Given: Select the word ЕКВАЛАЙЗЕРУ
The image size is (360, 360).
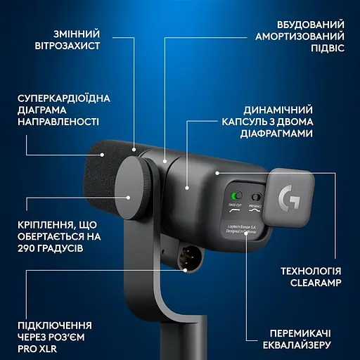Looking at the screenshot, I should (303, 345).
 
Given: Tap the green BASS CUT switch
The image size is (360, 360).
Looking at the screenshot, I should (238, 195).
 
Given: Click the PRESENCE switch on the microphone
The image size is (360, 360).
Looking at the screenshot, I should (257, 198).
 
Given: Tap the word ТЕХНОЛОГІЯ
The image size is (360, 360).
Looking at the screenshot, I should (310, 271).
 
